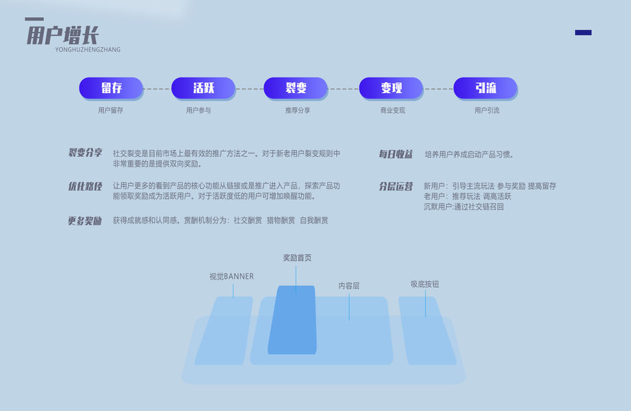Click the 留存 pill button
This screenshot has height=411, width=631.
pos(111,88)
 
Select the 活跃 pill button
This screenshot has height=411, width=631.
pos(203,88)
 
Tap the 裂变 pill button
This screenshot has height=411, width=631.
pos(296,88)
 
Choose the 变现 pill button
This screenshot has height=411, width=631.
pos(391,88)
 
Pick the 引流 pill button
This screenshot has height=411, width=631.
pos(485,88)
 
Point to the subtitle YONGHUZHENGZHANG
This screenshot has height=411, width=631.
pos(88,50)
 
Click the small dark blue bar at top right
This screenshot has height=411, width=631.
pos(583,32)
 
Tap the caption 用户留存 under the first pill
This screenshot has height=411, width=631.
pos(111,110)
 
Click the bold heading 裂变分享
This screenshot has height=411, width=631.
pos(85,153)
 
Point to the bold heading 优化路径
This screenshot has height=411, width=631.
pos(85,186)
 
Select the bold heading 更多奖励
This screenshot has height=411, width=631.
pos(85,221)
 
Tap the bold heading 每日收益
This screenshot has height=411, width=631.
pos(396,154)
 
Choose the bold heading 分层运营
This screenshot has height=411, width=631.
pos(396,186)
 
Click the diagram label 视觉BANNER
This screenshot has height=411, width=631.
pos(231,277)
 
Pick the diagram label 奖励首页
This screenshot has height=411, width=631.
pos(297,258)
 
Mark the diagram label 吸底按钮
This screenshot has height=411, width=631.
pos(424,284)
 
